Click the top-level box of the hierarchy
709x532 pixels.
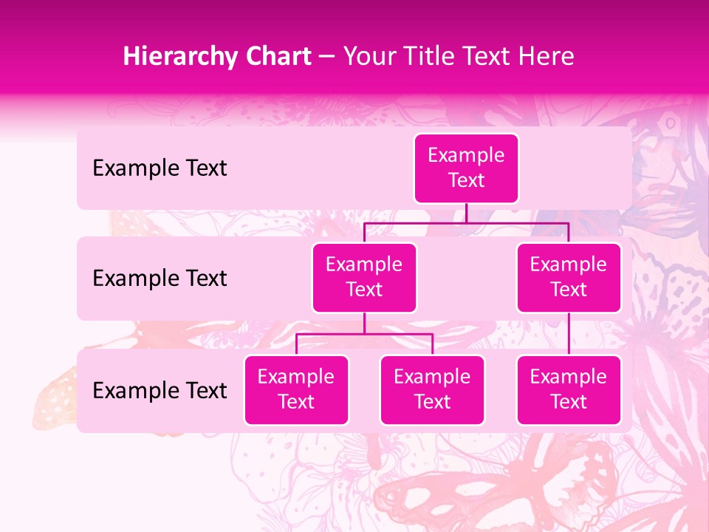[466, 168]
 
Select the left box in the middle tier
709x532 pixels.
[364, 277]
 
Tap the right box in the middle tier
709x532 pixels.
[569, 277]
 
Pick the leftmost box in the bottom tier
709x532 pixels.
[296, 389]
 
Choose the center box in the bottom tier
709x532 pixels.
[432, 389]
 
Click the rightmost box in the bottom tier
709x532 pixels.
[569, 389]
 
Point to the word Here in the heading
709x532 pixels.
[545, 56]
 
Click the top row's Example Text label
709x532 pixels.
[160, 168]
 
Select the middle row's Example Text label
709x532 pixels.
[160, 279]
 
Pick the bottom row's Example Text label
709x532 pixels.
[160, 390]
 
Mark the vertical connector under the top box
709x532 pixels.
[466, 213]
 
